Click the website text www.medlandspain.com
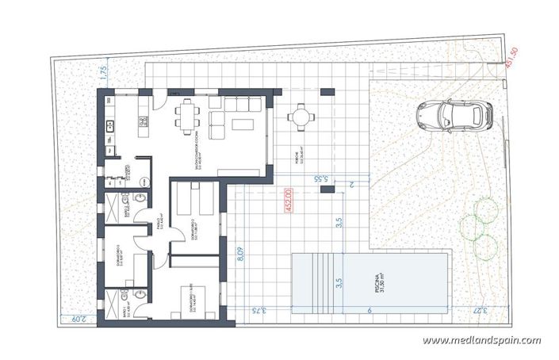(x=481, y=340)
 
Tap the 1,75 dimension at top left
(x=102, y=74)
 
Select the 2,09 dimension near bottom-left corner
(x=76, y=320)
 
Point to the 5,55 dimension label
(x=322, y=180)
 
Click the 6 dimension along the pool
(x=370, y=312)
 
